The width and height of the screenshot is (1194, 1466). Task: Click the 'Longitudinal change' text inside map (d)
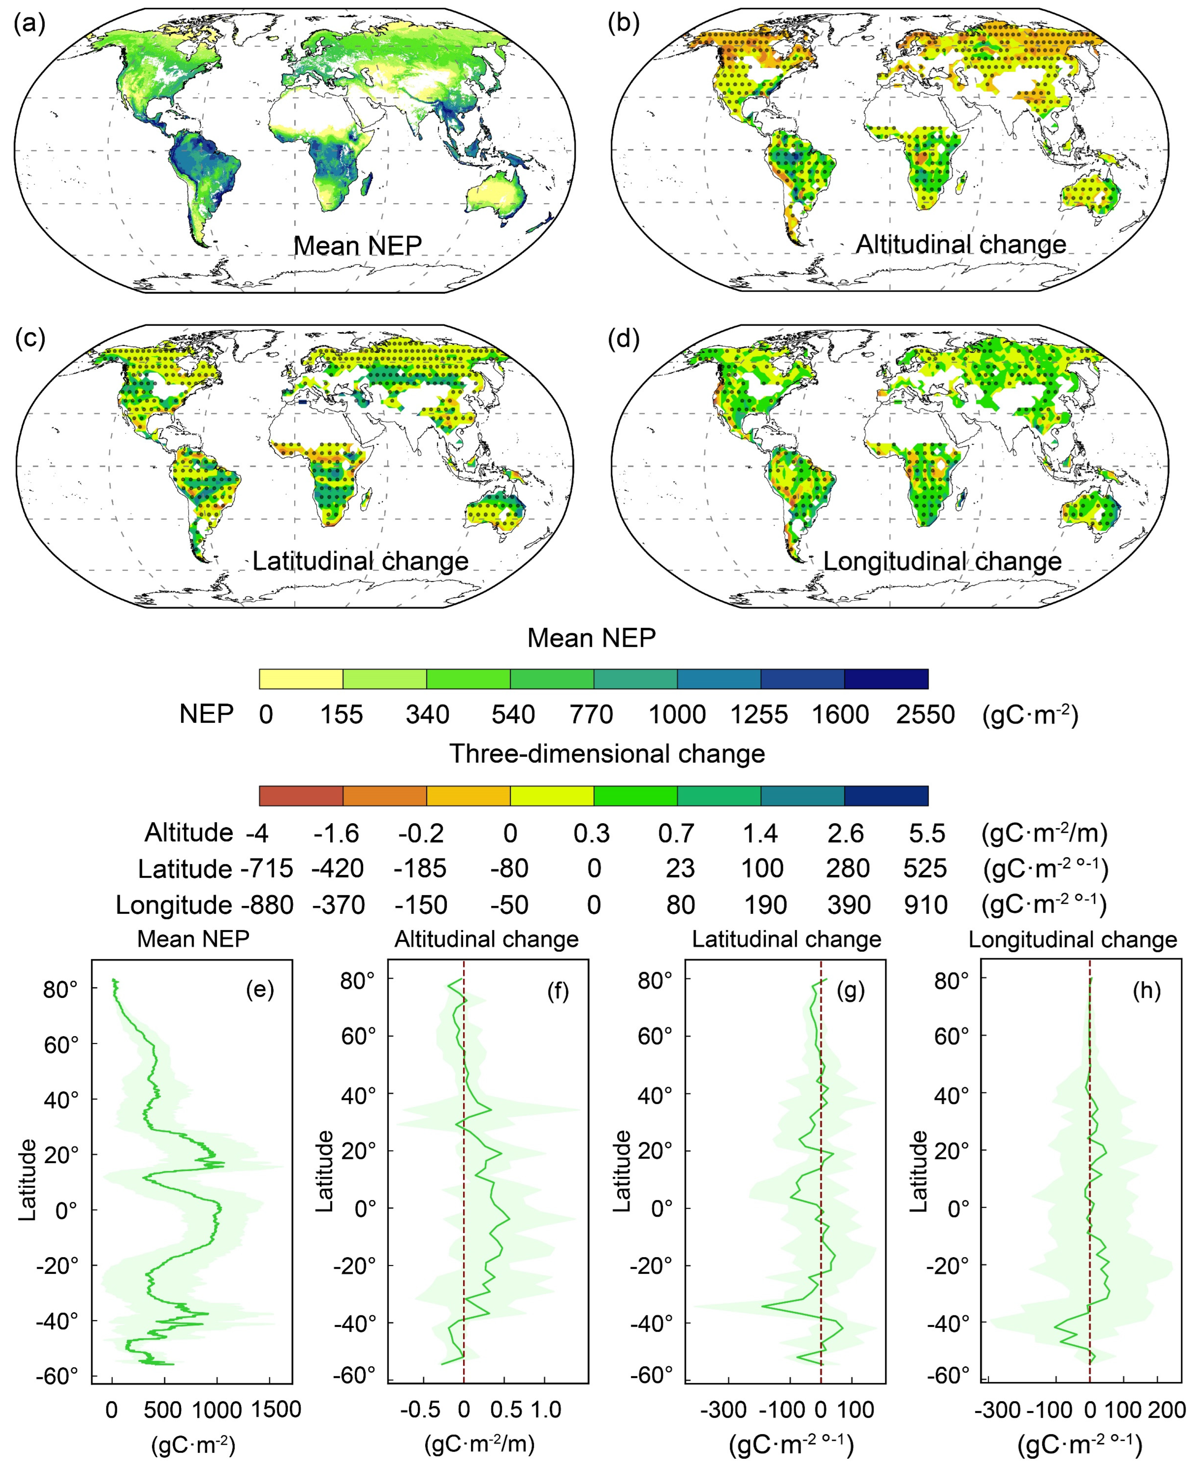942,561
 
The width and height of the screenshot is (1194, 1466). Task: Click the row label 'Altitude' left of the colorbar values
189,833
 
